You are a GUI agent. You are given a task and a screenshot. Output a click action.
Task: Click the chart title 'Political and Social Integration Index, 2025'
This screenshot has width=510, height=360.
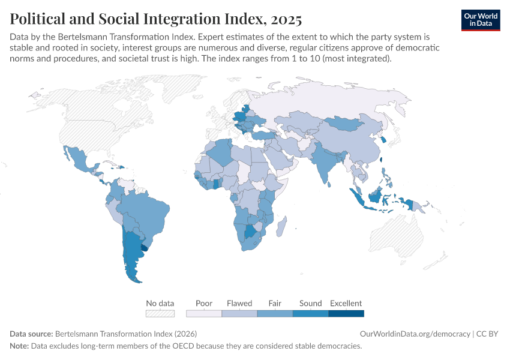(x=156, y=19)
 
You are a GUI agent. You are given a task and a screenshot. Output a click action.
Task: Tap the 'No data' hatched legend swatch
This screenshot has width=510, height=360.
(x=160, y=313)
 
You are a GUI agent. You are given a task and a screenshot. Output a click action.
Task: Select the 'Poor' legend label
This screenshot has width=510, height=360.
(x=204, y=303)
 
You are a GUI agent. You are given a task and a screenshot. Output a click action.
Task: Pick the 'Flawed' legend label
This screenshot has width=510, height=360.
(x=239, y=303)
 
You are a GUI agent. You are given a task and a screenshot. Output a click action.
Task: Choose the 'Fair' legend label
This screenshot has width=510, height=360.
(x=275, y=303)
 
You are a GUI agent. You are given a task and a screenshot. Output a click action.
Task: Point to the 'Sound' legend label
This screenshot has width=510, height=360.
(x=310, y=303)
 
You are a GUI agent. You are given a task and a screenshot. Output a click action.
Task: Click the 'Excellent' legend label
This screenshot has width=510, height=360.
(x=346, y=303)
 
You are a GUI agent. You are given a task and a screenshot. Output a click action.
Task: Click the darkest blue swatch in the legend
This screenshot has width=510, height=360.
(x=346, y=313)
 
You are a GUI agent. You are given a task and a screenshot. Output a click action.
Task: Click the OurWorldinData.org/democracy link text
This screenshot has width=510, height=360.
(x=415, y=334)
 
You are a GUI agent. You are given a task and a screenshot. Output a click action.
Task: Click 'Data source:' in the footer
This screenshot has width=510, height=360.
(x=31, y=334)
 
